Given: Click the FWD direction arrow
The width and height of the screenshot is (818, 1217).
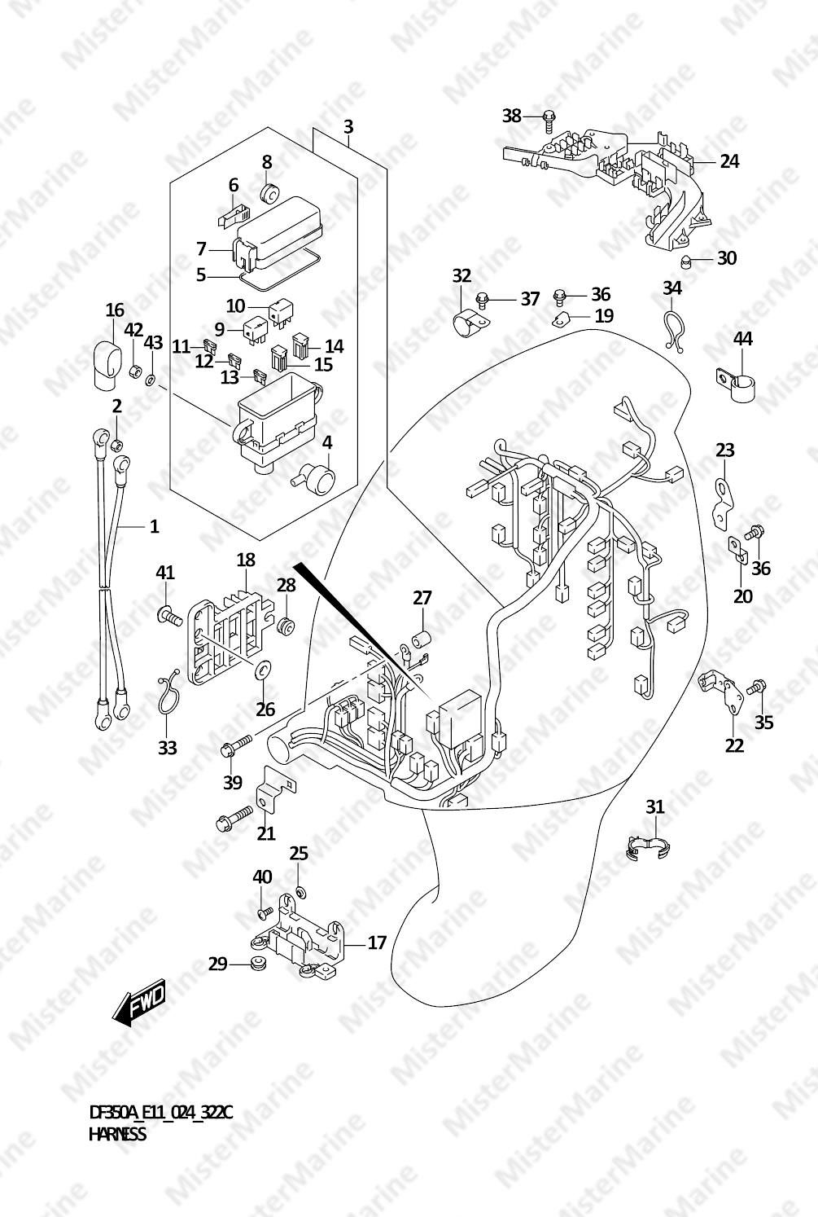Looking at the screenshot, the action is coord(138,1004).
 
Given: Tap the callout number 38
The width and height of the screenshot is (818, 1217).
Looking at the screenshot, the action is coord(511,116).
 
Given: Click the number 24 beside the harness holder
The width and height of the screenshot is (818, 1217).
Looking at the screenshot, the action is coord(729,161).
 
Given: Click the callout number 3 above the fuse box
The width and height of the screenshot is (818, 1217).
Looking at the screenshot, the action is coord(348,127).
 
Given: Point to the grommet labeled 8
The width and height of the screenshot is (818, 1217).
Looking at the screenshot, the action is coord(268,192).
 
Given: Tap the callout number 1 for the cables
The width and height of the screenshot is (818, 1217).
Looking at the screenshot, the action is coord(154,526).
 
